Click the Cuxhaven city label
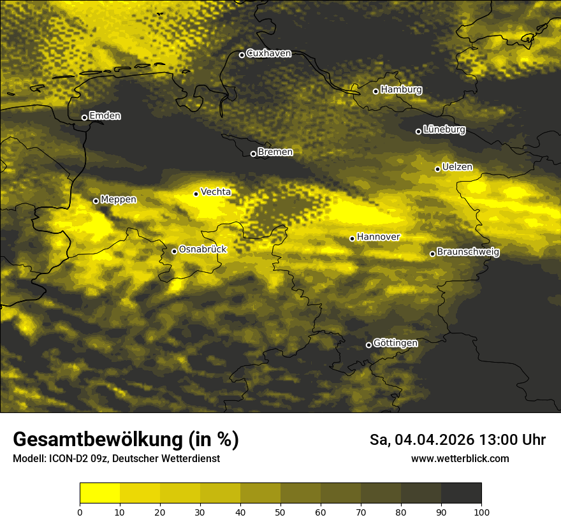(268, 54)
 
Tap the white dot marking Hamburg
(375, 91)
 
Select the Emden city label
(105, 116)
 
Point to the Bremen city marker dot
(253, 154)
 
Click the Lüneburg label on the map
(444, 130)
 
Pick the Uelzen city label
(457, 168)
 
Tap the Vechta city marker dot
(196, 194)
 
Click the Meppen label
(119, 199)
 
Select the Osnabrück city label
(203, 250)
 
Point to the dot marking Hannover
(352, 238)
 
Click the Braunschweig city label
(468, 252)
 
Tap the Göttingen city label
(395, 344)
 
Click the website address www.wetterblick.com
(460, 458)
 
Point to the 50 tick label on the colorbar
(280, 512)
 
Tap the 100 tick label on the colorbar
(481, 512)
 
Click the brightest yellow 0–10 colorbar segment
(100, 493)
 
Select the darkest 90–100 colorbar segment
(461, 493)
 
